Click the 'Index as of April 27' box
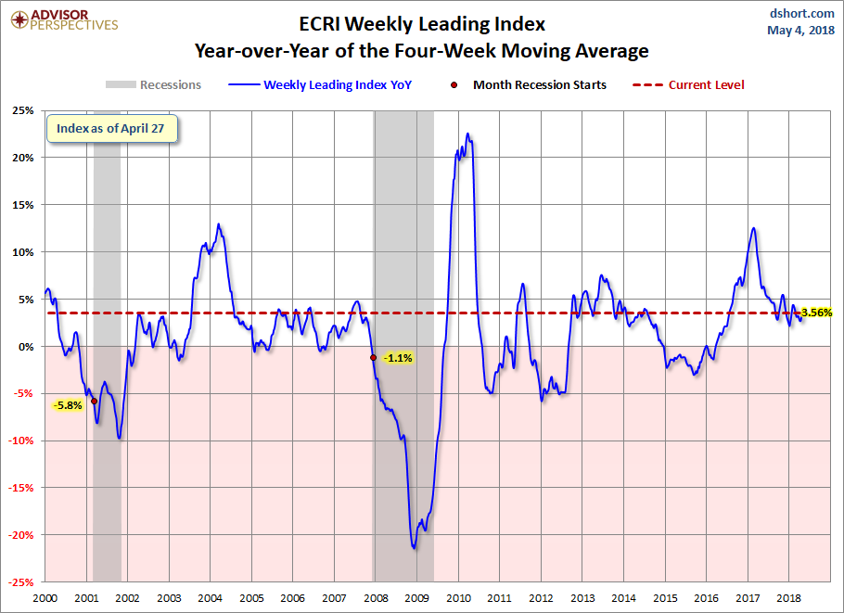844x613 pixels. [112, 128]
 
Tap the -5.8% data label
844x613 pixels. [68, 404]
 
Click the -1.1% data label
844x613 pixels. [398, 358]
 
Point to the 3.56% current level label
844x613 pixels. [816, 313]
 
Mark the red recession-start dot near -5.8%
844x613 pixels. [94, 401]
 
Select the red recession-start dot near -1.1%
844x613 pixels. [373, 357]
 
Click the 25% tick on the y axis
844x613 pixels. [24, 110]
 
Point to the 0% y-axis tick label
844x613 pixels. [26, 346]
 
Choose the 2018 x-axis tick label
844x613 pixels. [789, 598]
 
